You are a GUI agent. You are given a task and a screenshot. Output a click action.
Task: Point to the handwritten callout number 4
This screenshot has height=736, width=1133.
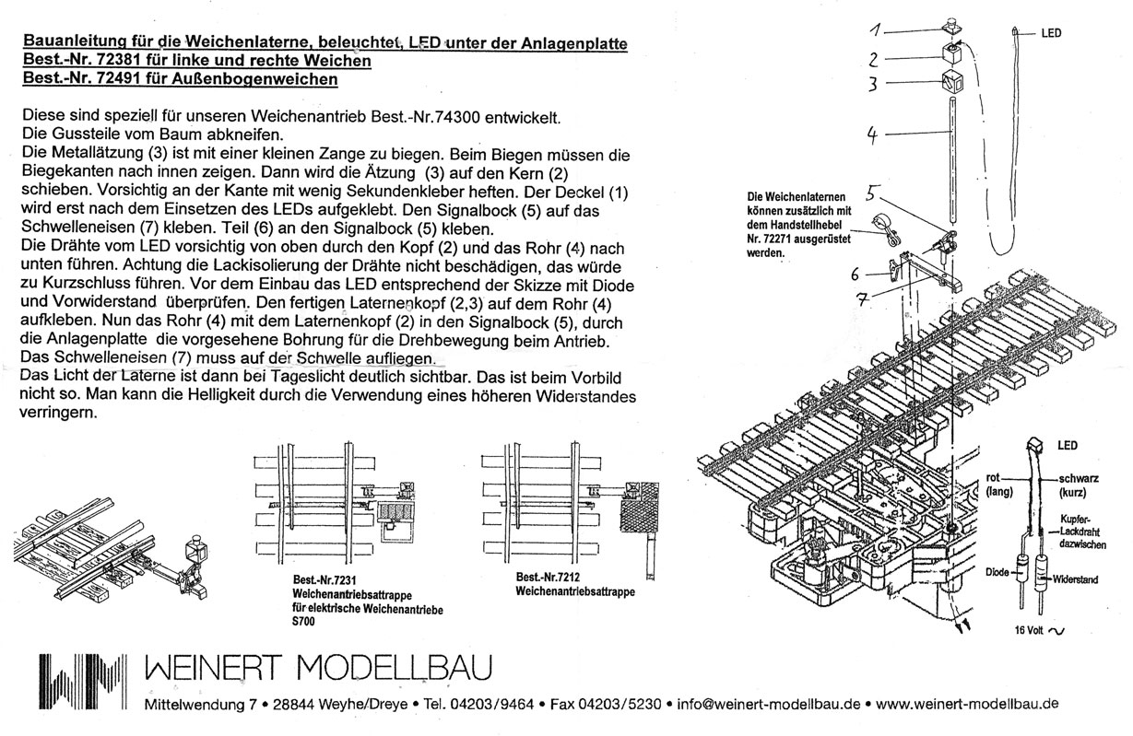(x=872, y=134)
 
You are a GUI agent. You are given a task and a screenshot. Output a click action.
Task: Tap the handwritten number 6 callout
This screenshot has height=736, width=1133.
(x=856, y=274)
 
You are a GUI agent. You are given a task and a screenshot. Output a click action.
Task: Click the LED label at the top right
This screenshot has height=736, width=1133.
(x=1051, y=33)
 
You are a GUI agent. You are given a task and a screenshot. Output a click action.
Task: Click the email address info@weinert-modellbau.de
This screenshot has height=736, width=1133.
(x=769, y=705)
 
